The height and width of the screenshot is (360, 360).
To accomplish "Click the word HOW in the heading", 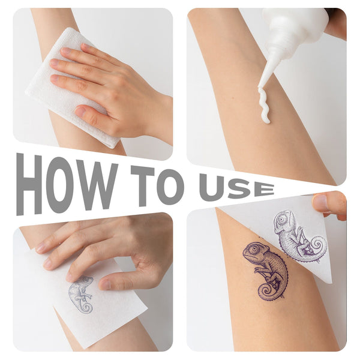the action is (x=67, y=184).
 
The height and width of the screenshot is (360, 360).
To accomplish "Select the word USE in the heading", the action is (x=237, y=187).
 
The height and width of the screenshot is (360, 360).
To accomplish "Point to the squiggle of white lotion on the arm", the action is (x=263, y=105).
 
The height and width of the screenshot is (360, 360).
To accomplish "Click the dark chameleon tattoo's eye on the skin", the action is (x=253, y=249).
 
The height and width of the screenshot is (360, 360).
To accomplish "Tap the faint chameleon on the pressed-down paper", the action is (x=81, y=295).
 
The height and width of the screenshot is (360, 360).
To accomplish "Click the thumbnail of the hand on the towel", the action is (x=80, y=112).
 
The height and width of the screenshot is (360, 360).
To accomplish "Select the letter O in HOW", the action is (x=59, y=184).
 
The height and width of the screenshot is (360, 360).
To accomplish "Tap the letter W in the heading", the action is (x=97, y=186).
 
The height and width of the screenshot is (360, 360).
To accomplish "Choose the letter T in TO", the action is (x=143, y=185).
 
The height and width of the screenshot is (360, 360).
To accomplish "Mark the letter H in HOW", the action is (x=29, y=184).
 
